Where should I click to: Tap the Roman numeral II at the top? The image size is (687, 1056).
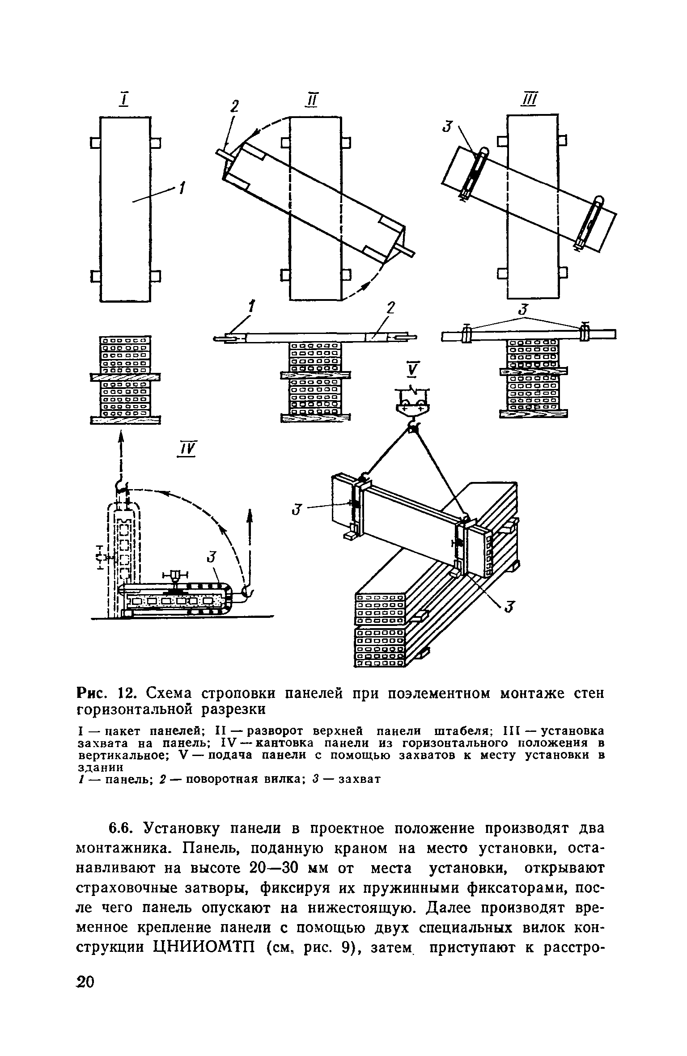(x=311, y=100)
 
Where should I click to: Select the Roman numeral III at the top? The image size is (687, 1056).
(x=531, y=100)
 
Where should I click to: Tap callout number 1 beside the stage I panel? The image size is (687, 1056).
(x=182, y=188)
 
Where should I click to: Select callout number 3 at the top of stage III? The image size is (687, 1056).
(x=446, y=127)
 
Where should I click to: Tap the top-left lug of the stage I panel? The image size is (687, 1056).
(x=95, y=143)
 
